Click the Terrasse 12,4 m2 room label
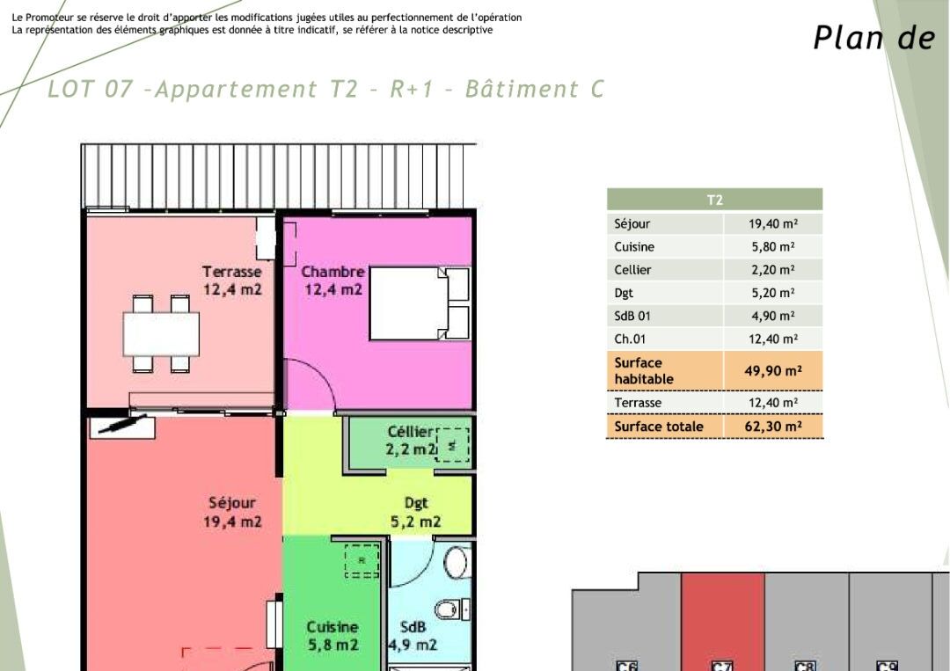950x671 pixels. pos(232,281)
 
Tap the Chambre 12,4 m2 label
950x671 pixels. pos(333,281)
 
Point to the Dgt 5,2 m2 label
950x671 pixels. pos(416,512)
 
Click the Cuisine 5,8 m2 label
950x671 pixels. pos(332,636)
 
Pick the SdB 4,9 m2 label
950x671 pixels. pos(413,636)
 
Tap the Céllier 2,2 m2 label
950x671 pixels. pos(411,441)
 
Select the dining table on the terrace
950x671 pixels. pos(161,333)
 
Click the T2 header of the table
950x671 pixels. pos(714,201)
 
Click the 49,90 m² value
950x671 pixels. pos(771,371)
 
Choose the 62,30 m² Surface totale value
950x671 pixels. pos(771,427)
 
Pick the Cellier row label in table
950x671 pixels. pos(633,270)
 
